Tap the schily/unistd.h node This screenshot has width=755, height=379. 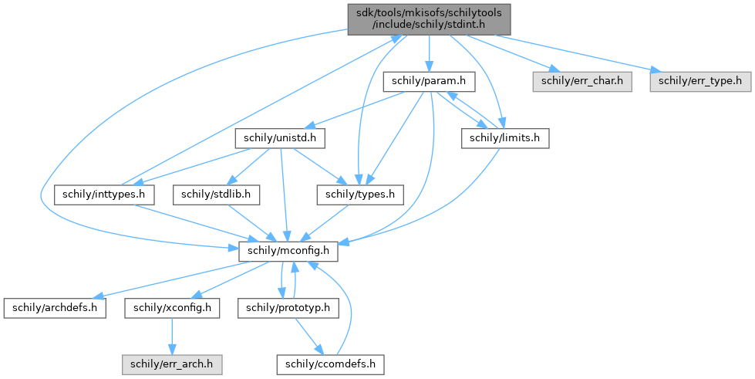tap(278, 138)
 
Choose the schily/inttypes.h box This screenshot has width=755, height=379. tap(106, 195)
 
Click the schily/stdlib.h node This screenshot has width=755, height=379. tap(217, 195)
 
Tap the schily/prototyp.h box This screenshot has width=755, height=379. tap(288, 307)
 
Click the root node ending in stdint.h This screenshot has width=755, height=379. tap(429, 18)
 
